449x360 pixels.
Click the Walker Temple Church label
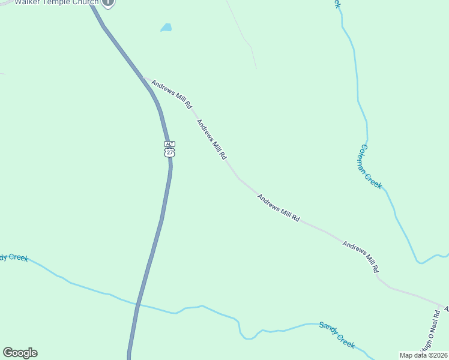[x=56, y=2]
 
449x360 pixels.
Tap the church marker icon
[x=107, y=2]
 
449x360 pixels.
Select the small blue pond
[x=166, y=28]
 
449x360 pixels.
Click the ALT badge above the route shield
[x=169, y=144]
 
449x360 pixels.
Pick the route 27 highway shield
[x=169, y=152]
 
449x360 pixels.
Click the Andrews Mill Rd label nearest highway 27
[x=172, y=94]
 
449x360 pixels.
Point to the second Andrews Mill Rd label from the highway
[x=212, y=139]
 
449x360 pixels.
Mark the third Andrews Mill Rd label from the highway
[x=279, y=208]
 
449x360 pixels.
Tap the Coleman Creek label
[x=370, y=166]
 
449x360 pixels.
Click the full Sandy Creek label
[x=337, y=334]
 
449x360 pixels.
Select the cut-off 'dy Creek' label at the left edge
[x=14, y=257]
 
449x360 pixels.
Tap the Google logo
[x=20, y=353]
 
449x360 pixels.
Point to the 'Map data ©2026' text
[x=424, y=355]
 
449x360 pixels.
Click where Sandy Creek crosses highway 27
[x=138, y=305]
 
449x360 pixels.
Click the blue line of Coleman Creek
[x=358, y=90]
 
